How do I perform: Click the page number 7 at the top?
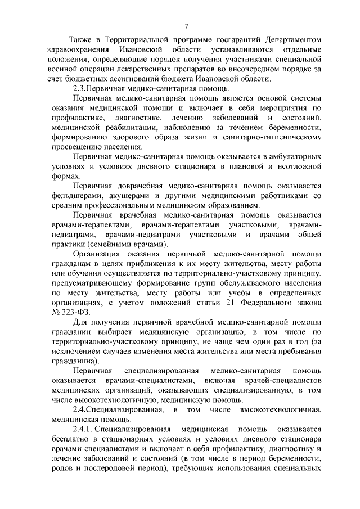pos(186,25)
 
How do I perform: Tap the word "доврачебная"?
pos(149,186)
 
